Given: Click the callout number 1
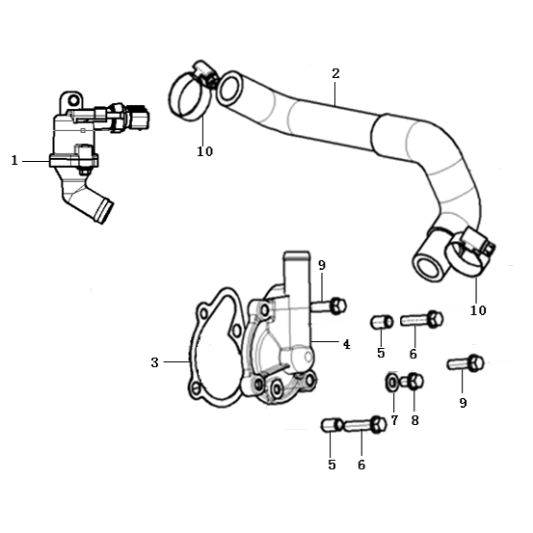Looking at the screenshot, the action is (14, 160).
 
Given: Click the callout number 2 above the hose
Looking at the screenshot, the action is (335, 73).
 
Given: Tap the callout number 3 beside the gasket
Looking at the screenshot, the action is (154, 362).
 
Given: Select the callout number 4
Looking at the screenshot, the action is (346, 345).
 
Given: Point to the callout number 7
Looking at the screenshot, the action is (394, 420).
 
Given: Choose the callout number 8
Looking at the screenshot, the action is (414, 420).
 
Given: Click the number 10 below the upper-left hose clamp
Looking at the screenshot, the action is (205, 151).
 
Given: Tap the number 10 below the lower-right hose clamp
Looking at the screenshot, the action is (478, 310).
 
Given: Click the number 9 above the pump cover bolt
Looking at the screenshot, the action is (322, 265).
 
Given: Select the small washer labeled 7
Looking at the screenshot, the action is (392, 383).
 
